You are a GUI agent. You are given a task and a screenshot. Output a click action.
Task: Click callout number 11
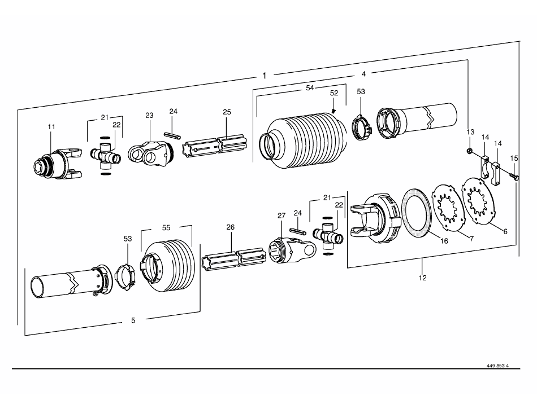(x=51, y=127)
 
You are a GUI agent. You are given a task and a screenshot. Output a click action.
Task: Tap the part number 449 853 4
(x=497, y=366)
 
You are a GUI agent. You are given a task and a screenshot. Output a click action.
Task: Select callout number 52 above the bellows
(x=334, y=93)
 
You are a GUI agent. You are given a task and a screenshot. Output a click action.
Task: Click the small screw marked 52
(x=334, y=111)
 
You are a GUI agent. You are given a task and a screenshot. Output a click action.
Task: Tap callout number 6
(x=505, y=232)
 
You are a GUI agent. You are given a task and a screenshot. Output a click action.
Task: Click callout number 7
(x=471, y=239)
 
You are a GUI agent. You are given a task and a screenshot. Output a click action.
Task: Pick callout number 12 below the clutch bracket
(x=423, y=278)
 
